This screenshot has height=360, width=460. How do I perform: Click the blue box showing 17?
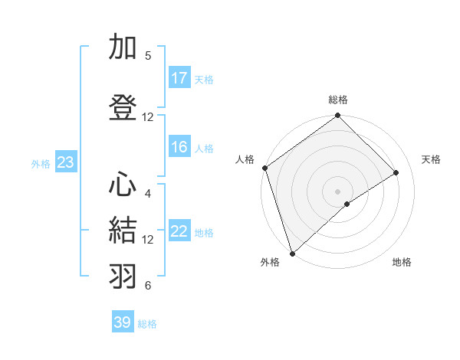pos(179,78)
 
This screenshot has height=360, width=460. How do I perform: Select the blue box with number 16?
pos(179,148)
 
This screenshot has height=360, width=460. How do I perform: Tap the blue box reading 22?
pos(179,232)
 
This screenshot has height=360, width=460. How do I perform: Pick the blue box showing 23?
pos(65,162)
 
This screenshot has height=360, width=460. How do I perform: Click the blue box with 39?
pos(123,322)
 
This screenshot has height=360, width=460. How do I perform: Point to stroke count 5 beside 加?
pos(148,56)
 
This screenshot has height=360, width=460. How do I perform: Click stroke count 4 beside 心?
pos(148,193)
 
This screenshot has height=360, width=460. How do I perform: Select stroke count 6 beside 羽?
pos(148,286)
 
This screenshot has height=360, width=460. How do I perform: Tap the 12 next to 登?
pos(148,116)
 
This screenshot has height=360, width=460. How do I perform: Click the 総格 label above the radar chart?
pos(338,100)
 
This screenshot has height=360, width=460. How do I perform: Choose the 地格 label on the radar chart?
pos(402,262)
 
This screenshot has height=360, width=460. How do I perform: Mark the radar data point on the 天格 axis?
pos(396,173)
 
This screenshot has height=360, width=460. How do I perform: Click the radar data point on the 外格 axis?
pos(291,253)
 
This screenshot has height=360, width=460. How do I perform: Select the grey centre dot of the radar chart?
pos(338,191)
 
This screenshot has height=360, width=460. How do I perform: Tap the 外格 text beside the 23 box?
pos(41,163)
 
